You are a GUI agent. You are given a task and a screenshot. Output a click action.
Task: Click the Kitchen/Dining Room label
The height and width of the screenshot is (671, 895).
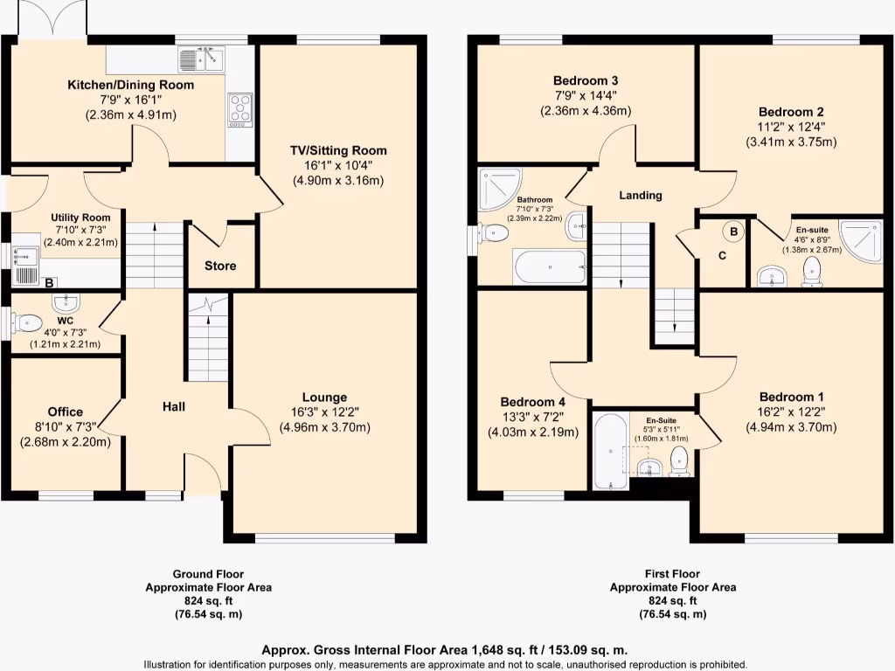coord(131,85)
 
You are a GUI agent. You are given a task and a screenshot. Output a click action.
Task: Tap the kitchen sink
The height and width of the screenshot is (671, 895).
coord(202,59)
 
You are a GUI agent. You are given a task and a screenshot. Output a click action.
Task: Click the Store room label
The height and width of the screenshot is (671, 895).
coord(220,266)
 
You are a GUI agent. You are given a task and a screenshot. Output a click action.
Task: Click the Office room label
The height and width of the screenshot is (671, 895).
coord(66,412)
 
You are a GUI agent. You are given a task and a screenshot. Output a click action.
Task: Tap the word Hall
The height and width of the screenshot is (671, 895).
coord(174,406)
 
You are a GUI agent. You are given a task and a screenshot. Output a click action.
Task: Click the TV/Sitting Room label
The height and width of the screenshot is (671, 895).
coord(338,150)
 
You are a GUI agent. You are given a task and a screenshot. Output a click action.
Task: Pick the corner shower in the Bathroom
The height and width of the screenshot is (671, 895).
coord(496,187)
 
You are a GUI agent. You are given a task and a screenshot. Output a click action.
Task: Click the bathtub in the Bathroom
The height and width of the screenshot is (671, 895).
coord(549,267)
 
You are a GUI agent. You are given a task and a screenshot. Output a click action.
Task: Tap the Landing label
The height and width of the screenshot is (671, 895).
coord(641,195)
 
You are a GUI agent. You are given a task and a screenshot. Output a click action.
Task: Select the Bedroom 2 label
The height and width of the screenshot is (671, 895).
coord(791,112)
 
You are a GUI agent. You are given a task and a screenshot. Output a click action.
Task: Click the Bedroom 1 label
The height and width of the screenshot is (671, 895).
coord(791,397)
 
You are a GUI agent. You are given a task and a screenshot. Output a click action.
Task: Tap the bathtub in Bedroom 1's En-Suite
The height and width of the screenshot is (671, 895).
coord(610,451)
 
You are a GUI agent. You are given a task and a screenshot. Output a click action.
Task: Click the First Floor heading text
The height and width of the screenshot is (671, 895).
coord(672,574)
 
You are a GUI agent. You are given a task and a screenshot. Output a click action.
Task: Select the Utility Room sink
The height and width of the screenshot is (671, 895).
coord(24,256)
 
